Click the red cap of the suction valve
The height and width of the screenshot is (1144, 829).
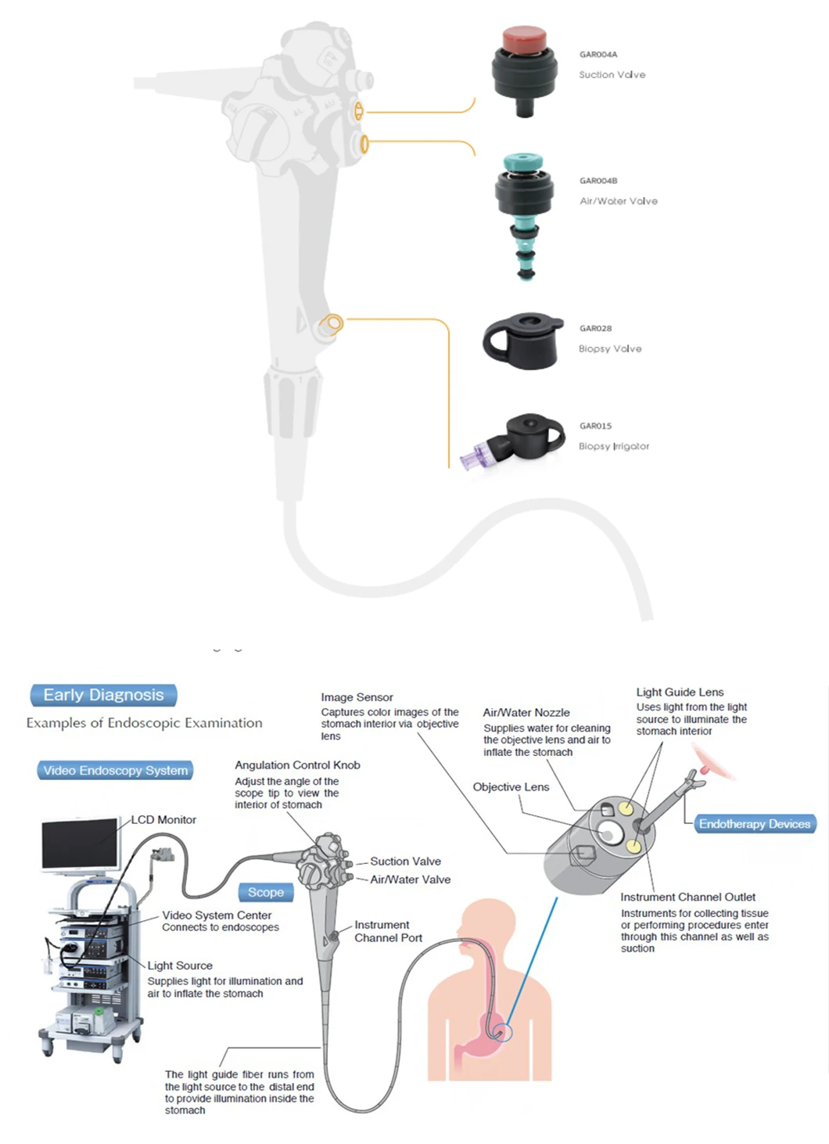click(524, 38)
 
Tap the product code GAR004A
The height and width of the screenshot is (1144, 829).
click(598, 55)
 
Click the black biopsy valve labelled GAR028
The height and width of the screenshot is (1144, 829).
click(522, 341)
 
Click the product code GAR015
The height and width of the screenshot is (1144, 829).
click(595, 426)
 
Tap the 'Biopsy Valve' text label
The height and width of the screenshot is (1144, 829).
click(610, 349)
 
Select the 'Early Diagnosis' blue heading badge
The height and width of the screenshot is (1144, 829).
click(103, 695)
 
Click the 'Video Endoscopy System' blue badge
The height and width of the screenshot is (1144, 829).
click(115, 771)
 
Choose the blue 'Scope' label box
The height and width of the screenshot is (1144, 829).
click(266, 893)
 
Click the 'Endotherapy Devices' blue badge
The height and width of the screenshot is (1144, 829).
click(754, 824)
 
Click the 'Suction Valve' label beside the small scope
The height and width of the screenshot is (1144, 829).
click(405, 862)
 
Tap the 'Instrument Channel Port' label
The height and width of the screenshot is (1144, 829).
click(388, 931)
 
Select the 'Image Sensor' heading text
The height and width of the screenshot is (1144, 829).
click(357, 697)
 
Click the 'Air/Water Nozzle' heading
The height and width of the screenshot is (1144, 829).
click(526, 713)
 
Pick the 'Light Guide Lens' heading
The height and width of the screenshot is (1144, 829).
click(680, 693)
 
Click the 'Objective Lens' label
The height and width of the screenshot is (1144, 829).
click(511, 787)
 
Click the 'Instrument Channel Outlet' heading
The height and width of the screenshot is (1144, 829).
click(687, 898)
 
